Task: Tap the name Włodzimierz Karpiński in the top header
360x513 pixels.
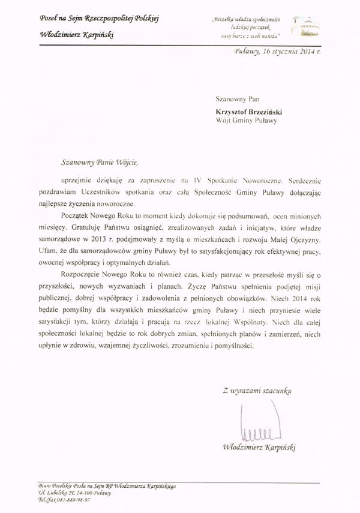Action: click(x=77, y=34)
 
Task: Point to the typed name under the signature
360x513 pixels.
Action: click(x=260, y=447)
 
